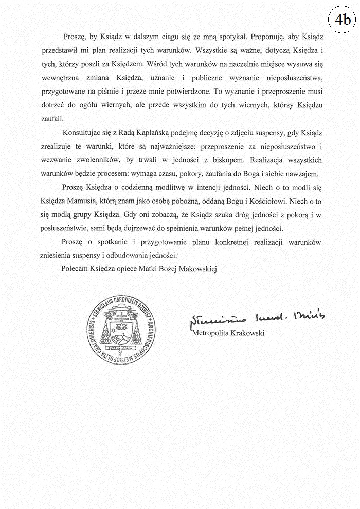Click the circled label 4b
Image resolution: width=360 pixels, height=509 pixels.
[x=342, y=20]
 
